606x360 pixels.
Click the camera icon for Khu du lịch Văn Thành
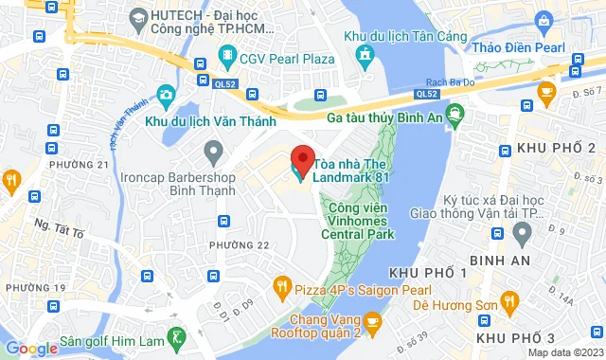click(167, 95)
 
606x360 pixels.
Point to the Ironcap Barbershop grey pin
click(213, 151)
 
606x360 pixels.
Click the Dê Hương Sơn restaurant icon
click(511, 303)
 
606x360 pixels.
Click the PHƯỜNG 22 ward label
click(240, 245)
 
